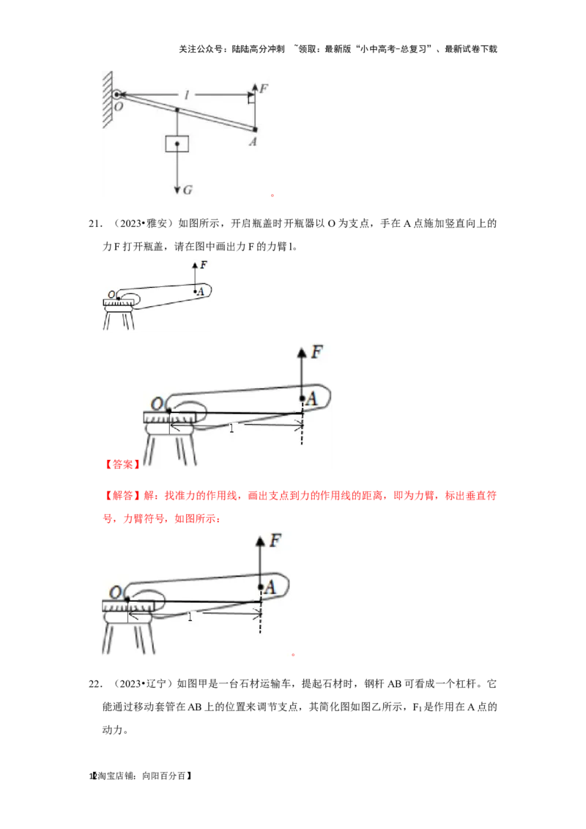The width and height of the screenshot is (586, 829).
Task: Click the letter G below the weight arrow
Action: click(x=188, y=190)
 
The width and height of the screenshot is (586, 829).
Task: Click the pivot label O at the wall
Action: click(x=119, y=106)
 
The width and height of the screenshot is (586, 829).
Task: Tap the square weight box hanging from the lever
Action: click(x=177, y=144)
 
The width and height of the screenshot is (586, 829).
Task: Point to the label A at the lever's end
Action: click(x=253, y=141)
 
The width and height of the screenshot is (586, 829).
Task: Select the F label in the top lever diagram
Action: click(x=264, y=89)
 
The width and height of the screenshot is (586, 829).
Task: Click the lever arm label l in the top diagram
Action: click(x=186, y=95)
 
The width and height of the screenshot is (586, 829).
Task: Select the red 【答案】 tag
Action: click(x=122, y=464)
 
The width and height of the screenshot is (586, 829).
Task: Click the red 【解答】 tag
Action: click(x=122, y=495)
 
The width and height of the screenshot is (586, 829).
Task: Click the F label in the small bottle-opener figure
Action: click(x=204, y=265)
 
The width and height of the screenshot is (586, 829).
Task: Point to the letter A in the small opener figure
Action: click(x=201, y=291)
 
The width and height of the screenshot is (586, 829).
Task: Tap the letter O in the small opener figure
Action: click(x=111, y=294)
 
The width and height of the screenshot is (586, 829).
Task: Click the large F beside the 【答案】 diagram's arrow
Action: click(x=316, y=352)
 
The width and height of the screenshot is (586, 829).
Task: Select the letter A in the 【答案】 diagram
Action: click(x=311, y=398)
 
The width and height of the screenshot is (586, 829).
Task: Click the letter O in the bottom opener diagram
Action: click(x=115, y=592)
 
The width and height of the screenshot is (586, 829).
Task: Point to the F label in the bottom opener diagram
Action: click(x=275, y=541)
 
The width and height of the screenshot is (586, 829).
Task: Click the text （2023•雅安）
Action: click(x=141, y=223)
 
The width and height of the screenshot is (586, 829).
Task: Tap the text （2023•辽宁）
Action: click(x=141, y=684)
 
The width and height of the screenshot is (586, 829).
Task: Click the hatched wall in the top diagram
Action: click(x=108, y=100)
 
